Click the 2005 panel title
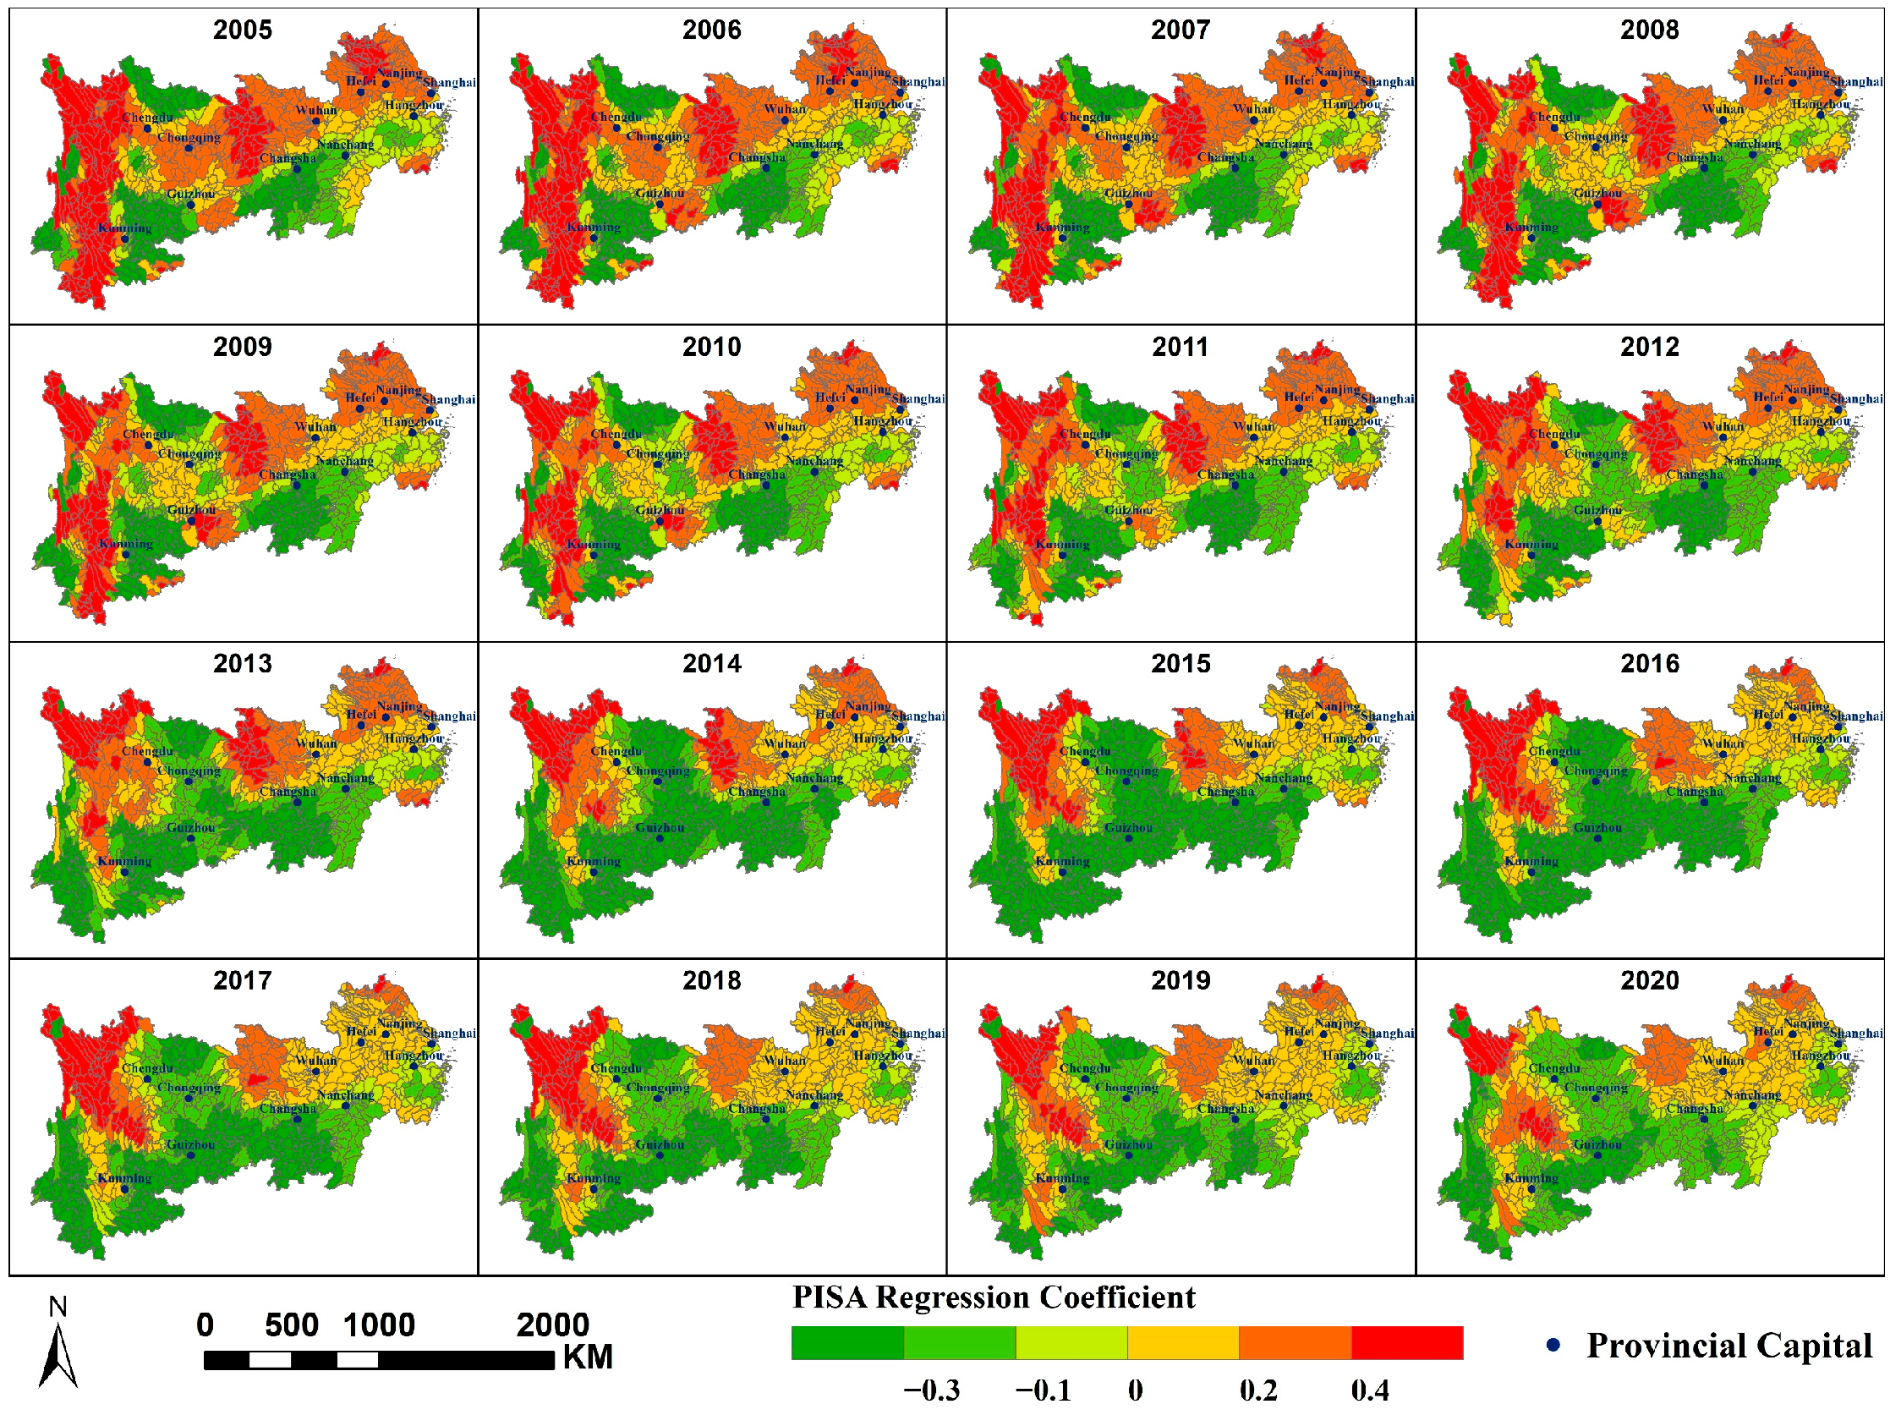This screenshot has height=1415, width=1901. click(243, 30)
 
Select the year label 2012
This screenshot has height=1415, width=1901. click(1649, 347)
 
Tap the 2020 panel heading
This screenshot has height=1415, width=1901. click(1649, 981)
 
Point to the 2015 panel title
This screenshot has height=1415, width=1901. click(1180, 664)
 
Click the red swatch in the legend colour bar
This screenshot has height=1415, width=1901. click(1407, 1343)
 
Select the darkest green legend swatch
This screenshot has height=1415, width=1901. click(846, 1343)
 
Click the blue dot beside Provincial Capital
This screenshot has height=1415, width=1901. click(1553, 1345)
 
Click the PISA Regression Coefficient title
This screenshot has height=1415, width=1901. click(994, 1297)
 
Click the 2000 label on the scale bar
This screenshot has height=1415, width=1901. click(552, 1325)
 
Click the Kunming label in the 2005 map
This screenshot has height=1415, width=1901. click(124, 228)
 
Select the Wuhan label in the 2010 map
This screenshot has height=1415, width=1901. click(785, 426)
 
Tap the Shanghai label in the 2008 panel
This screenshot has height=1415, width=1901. click(1856, 82)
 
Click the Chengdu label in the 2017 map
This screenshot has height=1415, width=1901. click(147, 1068)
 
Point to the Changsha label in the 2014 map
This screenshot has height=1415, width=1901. click(756, 792)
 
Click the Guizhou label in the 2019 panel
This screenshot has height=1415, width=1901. click(1128, 1144)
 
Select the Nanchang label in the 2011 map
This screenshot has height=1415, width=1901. click(1283, 461)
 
